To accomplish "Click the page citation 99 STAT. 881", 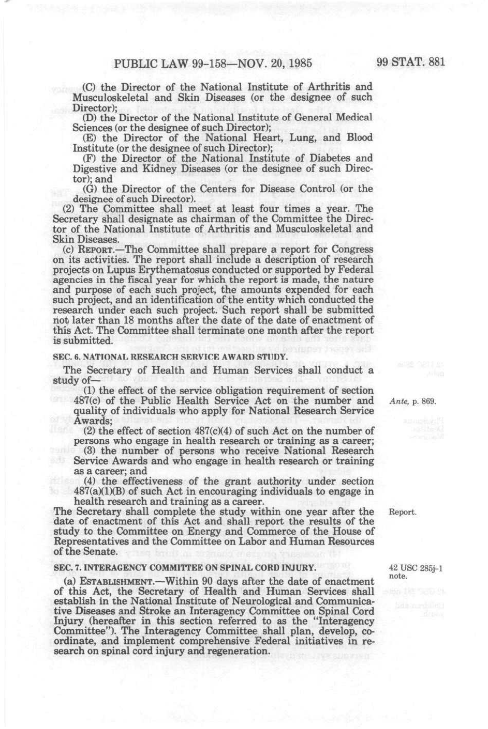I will (411, 63).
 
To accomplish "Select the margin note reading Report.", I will (402, 513).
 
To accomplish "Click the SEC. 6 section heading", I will (170, 357).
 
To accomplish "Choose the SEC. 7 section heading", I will (185, 568).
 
